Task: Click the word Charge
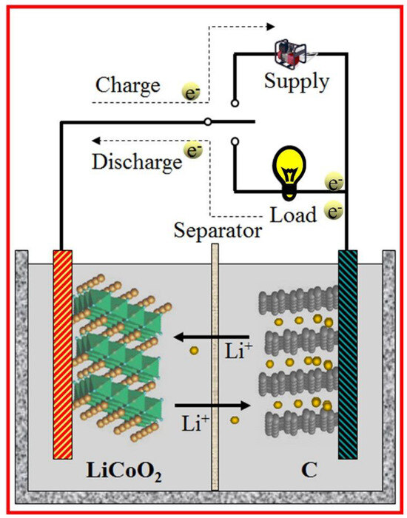click(x=127, y=85)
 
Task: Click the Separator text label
click(x=218, y=231)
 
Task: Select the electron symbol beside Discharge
click(x=195, y=150)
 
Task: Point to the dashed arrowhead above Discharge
click(x=95, y=141)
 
